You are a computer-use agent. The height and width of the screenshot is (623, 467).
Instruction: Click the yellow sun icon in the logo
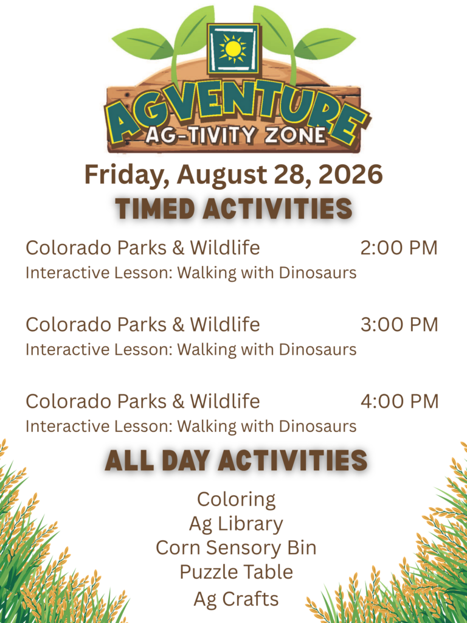click(x=233, y=48)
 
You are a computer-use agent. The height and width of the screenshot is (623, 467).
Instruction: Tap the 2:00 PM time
click(x=399, y=248)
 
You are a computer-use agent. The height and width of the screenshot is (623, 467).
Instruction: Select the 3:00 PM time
click(x=399, y=325)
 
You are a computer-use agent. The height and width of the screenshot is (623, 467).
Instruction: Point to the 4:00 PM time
click(x=399, y=402)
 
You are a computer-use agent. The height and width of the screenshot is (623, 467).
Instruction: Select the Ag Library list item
click(x=236, y=524)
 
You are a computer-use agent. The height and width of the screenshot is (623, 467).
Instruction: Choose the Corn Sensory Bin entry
click(x=236, y=548)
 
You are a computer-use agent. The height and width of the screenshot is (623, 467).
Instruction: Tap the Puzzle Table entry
click(x=237, y=572)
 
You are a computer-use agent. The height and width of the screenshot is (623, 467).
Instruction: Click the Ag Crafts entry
click(x=236, y=599)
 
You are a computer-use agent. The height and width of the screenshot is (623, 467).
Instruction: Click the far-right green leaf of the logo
click(x=325, y=43)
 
